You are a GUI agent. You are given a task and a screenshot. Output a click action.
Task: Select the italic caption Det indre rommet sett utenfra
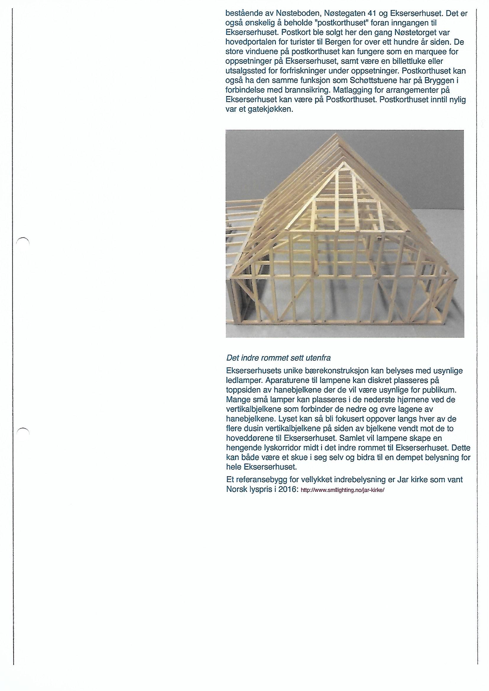pyautogui.click(x=278, y=358)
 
